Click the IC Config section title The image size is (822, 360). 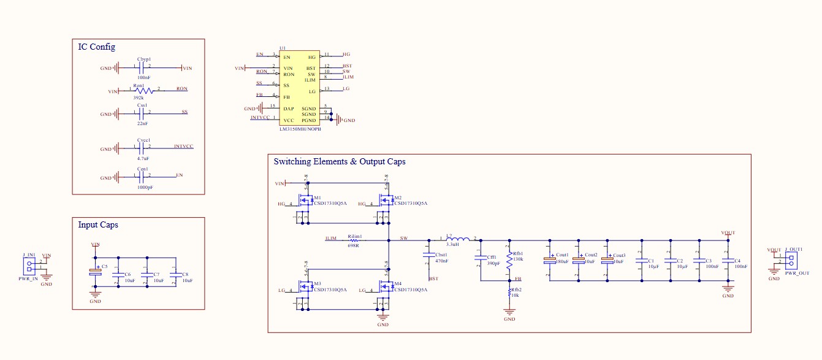pyautogui.click(x=96, y=47)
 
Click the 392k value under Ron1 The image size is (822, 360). pyautogui.click(x=138, y=98)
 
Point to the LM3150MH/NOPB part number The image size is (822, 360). pyautogui.click(x=300, y=129)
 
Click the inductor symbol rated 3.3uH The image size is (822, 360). pyautogui.click(x=459, y=239)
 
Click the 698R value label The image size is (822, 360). pyautogui.click(x=354, y=245)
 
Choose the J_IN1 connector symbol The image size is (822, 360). pyautogui.click(x=29, y=266)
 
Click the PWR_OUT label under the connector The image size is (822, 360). pyautogui.click(x=797, y=273)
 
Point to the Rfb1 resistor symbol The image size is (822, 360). pyautogui.click(x=509, y=260)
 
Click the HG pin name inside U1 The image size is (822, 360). pyautogui.click(x=311, y=57)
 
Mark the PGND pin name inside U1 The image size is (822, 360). pyautogui.click(x=309, y=120)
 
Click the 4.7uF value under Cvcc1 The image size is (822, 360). pyautogui.click(x=143, y=158)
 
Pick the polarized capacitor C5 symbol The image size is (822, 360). pyautogui.click(x=95, y=270)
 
